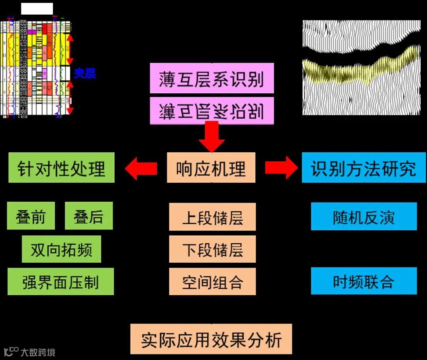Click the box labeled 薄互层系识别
(x=212, y=78)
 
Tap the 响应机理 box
(x=211, y=168)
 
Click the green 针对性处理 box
(x=61, y=168)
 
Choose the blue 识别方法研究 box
(x=363, y=168)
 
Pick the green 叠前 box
(x=31, y=216)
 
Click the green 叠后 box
(x=89, y=216)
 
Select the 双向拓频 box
(x=61, y=249)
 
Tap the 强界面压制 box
(x=60, y=282)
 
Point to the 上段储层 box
(x=212, y=217)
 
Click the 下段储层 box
(x=212, y=249)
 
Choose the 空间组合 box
(x=212, y=282)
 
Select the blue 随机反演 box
(x=364, y=216)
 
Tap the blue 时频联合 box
(x=364, y=281)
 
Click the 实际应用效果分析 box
(x=211, y=339)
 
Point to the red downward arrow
(x=212, y=137)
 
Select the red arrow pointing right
(x=281, y=168)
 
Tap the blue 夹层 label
(x=85, y=73)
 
